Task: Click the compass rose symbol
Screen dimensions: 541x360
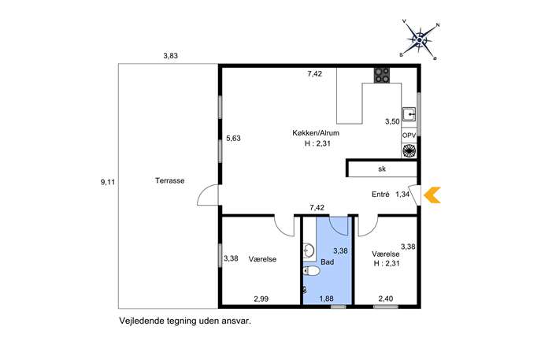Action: [419, 40]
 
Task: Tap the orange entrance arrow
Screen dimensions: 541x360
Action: [432, 195]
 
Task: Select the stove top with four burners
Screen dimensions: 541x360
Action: [382, 76]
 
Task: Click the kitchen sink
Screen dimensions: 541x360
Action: [409, 114]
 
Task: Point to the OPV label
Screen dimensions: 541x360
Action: [409, 135]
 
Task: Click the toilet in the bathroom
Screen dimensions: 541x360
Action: [311, 271]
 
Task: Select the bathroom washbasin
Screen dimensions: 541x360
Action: [309, 251]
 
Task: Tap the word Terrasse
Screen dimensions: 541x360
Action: [170, 180]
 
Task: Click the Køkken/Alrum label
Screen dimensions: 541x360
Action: [316, 133]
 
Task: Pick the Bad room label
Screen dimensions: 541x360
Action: [327, 262]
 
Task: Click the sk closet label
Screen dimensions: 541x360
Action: [382, 169]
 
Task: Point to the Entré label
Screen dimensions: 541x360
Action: [380, 195]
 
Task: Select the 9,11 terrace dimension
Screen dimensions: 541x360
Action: [108, 182]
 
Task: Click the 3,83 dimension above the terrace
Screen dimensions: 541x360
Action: [170, 56]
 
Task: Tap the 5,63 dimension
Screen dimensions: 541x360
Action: [233, 139]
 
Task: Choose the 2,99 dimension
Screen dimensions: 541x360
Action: [261, 299]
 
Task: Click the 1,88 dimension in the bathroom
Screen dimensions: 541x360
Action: [326, 299]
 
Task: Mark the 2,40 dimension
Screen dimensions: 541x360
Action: [386, 299]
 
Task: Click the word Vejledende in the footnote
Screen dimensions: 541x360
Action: [137, 321]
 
